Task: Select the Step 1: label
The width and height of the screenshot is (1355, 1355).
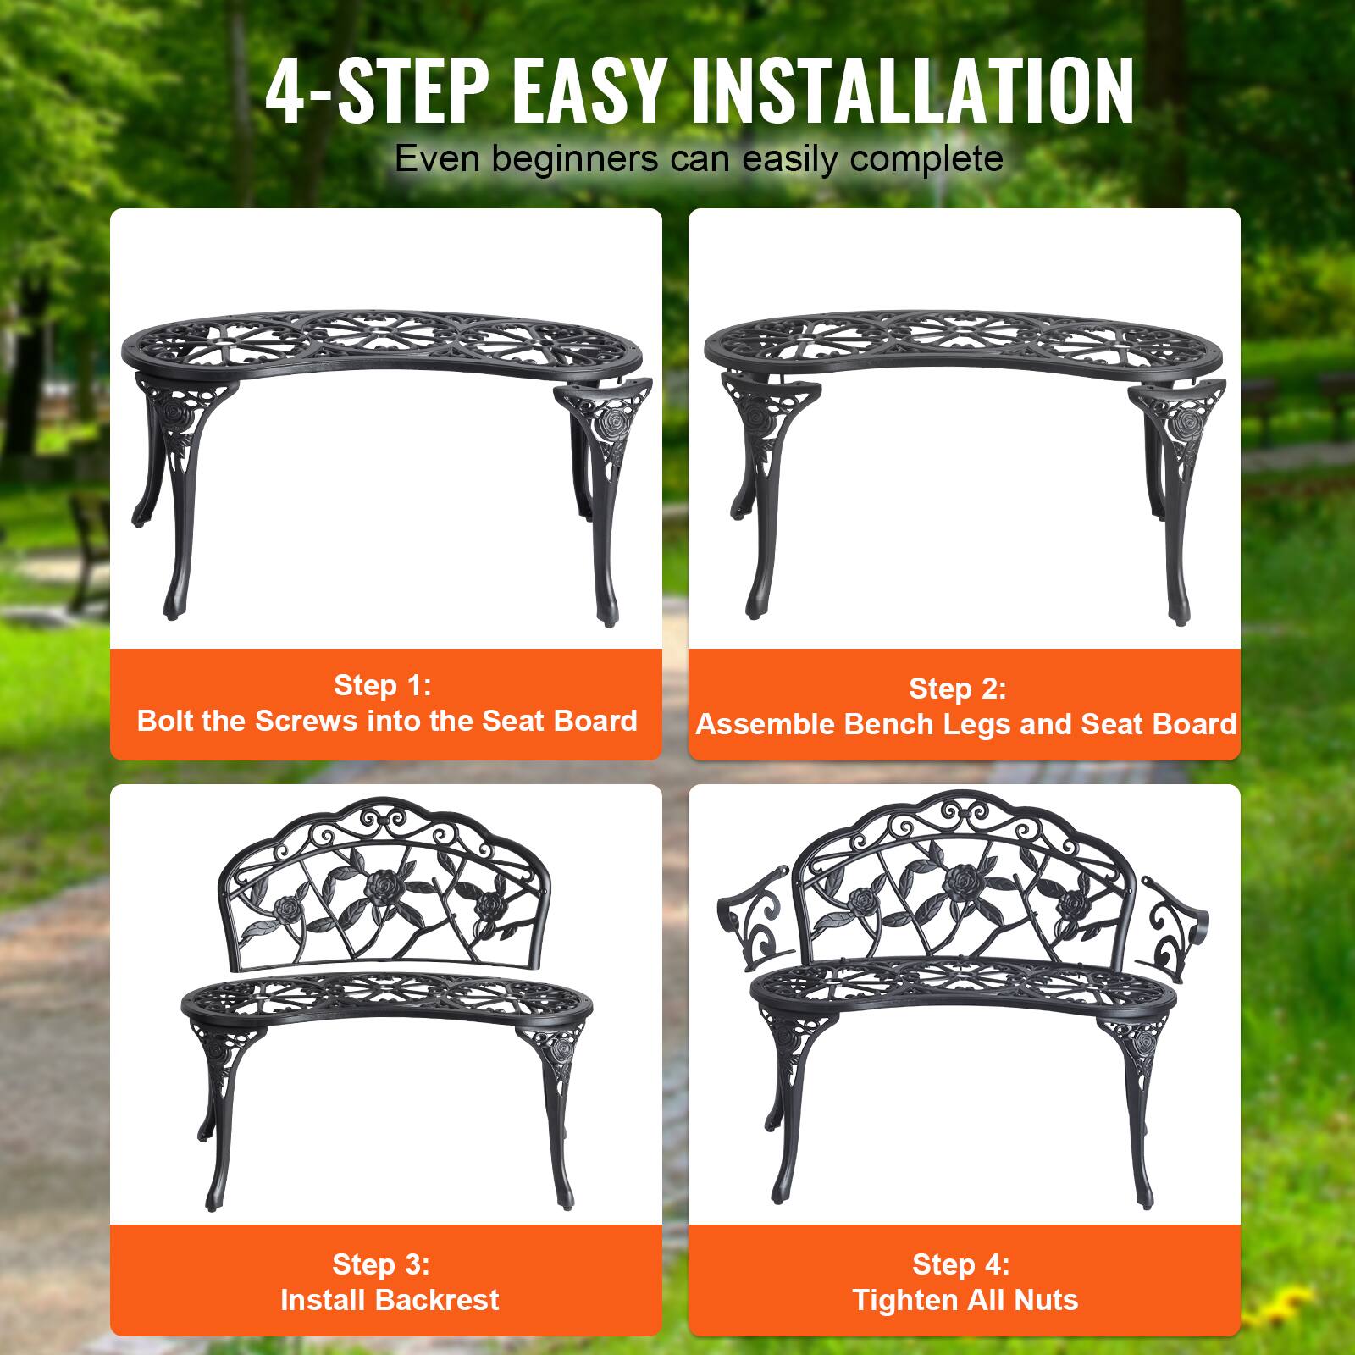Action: tap(382, 685)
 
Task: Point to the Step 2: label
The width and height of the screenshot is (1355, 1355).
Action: tap(957, 689)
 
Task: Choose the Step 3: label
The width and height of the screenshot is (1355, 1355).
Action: tap(380, 1264)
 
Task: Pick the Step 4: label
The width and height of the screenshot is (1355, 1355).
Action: tap(960, 1264)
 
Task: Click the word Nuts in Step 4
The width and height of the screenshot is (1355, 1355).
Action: tap(1048, 1300)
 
